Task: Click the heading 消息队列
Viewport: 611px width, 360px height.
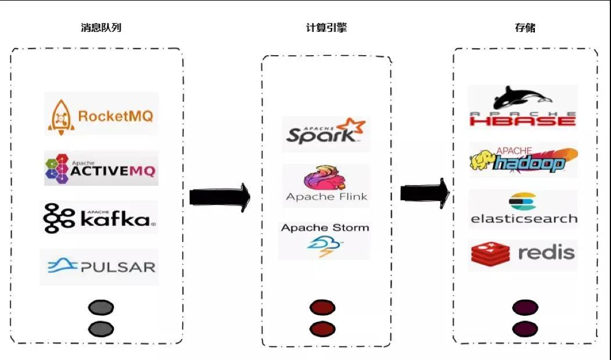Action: (x=101, y=27)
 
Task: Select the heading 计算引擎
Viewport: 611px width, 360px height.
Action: (x=326, y=27)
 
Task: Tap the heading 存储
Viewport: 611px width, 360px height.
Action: (x=525, y=27)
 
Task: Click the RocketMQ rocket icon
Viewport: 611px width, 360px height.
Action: (x=60, y=116)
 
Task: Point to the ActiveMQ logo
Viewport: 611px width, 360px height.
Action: (x=100, y=168)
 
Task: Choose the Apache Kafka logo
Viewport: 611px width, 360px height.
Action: (x=99, y=218)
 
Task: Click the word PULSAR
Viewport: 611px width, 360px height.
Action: (x=118, y=267)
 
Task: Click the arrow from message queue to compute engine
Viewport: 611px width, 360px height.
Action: (x=220, y=197)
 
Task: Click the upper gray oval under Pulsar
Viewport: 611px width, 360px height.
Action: (x=100, y=308)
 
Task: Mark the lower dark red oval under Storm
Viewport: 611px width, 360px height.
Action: (x=322, y=329)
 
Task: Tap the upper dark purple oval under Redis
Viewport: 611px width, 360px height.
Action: (x=525, y=308)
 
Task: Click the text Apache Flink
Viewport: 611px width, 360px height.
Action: (x=326, y=197)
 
